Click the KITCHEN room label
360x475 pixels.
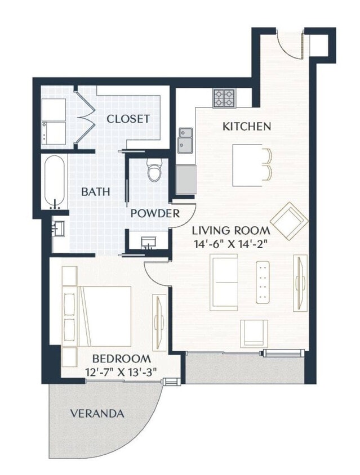(247, 126)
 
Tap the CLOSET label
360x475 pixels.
(128, 119)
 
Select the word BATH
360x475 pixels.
(95, 191)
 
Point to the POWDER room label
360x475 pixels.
(155, 214)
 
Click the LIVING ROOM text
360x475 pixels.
(231, 230)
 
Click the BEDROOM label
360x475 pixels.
(121, 359)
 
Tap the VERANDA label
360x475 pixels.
(97, 414)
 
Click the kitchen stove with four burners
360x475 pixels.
(224, 98)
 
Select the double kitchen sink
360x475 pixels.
(185, 140)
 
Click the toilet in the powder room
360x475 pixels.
(154, 169)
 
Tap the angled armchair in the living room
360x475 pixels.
(289, 221)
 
